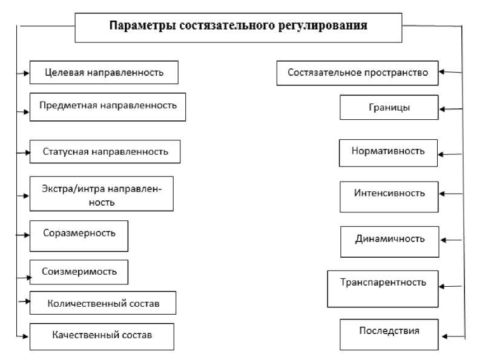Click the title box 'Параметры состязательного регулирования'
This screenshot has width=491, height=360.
tap(238, 27)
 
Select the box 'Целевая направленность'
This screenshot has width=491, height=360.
tap(104, 73)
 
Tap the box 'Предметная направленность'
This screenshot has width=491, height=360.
tap(107, 106)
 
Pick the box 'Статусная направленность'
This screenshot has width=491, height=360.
tap(105, 151)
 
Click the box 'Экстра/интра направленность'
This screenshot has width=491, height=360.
tap(101, 194)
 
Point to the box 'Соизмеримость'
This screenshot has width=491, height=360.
tap(79, 272)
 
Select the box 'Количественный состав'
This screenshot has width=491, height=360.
tap(103, 303)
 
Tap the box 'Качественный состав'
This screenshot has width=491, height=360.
tap(101, 336)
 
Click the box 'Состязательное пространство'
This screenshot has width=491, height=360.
tap(358, 73)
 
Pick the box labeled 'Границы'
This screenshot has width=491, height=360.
tap(388, 108)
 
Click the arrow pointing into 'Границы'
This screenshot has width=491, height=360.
tap(451, 109)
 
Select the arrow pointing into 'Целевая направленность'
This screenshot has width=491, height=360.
tap(24, 73)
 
